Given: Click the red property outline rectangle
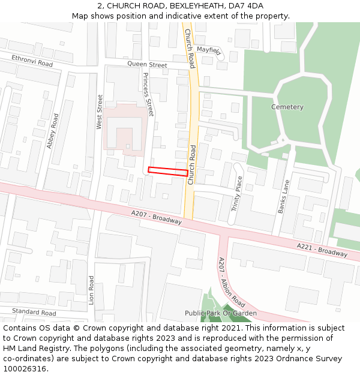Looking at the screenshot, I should tap(167, 172).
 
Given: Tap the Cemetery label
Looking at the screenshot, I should tap(287, 107).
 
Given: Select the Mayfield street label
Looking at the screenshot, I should tap(209, 51).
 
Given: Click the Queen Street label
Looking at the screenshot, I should tap(147, 65).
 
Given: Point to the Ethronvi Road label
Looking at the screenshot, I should tap(32, 61).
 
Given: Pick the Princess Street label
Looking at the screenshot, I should tap(148, 95).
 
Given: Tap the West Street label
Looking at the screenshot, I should tap(100, 112).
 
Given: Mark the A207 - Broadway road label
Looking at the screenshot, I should tap(156, 217).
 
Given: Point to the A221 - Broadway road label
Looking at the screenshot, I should tap(322, 249).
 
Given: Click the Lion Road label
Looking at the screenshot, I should tap(91, 290).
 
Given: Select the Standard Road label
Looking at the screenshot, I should tap(34, 313).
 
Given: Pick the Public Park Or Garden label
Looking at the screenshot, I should tap(220, 313).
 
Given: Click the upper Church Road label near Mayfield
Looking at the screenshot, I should tap(190, 48).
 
